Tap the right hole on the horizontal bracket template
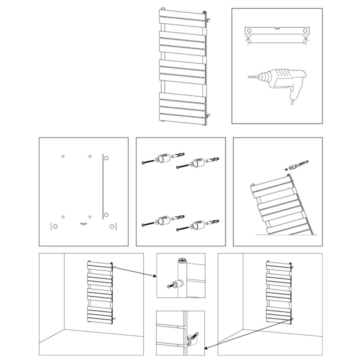coord(305,30)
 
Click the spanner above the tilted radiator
coord(298,164)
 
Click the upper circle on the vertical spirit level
coord(106,158)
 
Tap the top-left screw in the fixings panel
coord(148,162)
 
